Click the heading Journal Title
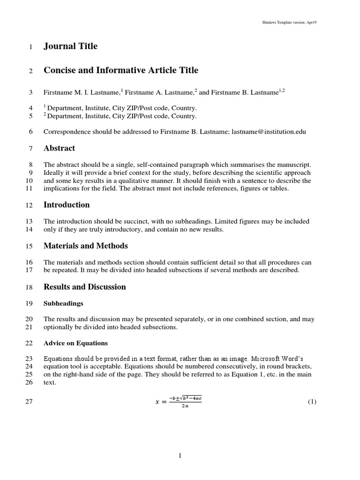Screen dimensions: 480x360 click(x=70, y=46)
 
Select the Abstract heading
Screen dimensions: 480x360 click(x=59, y=148)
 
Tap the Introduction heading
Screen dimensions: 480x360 click(x=67, y=205)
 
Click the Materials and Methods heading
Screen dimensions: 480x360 click(x=85, y=246)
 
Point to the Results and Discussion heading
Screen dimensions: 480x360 click(x=84, y=287)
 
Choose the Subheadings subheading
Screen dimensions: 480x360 click(x=63, y=303)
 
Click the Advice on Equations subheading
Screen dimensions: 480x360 click(x=75, y=343)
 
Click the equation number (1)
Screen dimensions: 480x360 click(x=312, y=402)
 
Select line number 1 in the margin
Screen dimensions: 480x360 click(x=30, y=46)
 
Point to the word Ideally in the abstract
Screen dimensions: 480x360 click(x=54, y=172)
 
